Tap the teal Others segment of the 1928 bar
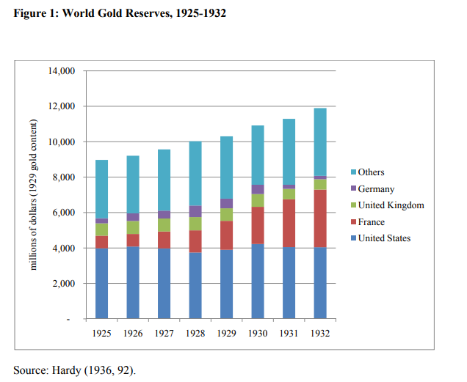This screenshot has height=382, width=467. tap(195, 174)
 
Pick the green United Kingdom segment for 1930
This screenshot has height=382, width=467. tap(258, 200)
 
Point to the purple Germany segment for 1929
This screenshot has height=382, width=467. tap(226, 203)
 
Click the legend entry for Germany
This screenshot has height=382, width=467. tap(376, 189)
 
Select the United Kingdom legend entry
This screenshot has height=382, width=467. tap(391, 205)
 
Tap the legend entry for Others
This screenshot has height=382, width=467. tap(372, 172)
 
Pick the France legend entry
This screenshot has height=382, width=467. tap(372, 222)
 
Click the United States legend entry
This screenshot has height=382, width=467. tap(384, 238)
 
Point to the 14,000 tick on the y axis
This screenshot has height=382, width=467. tap(62, 71)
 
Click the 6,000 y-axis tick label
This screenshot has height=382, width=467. tap(65, 213)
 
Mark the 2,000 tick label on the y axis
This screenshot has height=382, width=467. tap(65, 284)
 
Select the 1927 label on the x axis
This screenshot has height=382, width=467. tap(164, 333)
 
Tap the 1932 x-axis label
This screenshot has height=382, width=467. tap(320, 333)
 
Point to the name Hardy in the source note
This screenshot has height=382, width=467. tap(68, 369)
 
